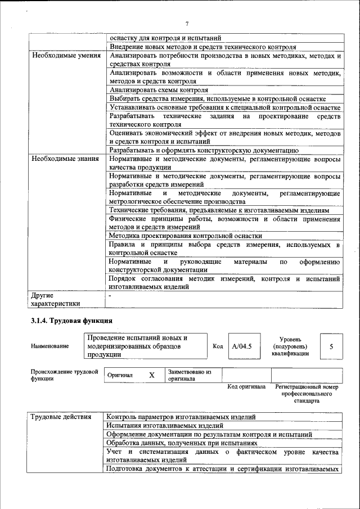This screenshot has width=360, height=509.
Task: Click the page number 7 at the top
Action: coord(186,23)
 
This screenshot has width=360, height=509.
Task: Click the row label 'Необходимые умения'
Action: coord(66,56)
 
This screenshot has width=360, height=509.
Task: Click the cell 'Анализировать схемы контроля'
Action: coord(159,90)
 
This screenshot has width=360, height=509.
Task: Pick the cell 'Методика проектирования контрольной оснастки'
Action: coord(185,236)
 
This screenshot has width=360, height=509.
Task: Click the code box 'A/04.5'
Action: coord(241,346)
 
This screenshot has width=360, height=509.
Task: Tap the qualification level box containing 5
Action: coord(331,346)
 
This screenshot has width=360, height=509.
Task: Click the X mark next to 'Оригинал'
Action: coord(151,375)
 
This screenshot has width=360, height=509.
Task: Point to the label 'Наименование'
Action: coord(49,346)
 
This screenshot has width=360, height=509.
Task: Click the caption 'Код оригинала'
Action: coord(246,387)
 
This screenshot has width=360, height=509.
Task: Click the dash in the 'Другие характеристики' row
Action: coord(111,295)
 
